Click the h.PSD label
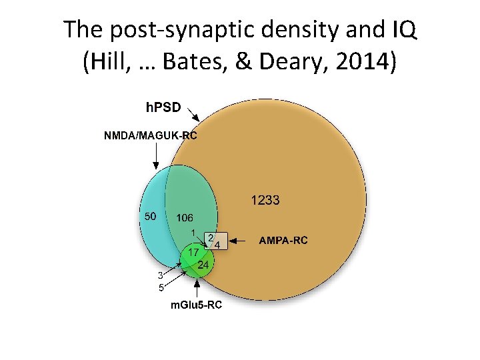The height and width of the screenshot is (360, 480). tap(163, 106)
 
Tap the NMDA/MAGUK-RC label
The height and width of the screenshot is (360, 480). tap(150, 136)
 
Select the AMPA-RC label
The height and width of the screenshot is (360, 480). tap(283, 240)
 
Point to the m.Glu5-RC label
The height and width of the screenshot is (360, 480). tap(196, 305)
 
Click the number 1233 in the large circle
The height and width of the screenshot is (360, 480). tap(265, 199)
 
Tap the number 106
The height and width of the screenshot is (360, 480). tap(184, 218)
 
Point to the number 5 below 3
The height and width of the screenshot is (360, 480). tap(160, 288)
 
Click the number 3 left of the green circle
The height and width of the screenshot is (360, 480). tap(160, 275)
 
